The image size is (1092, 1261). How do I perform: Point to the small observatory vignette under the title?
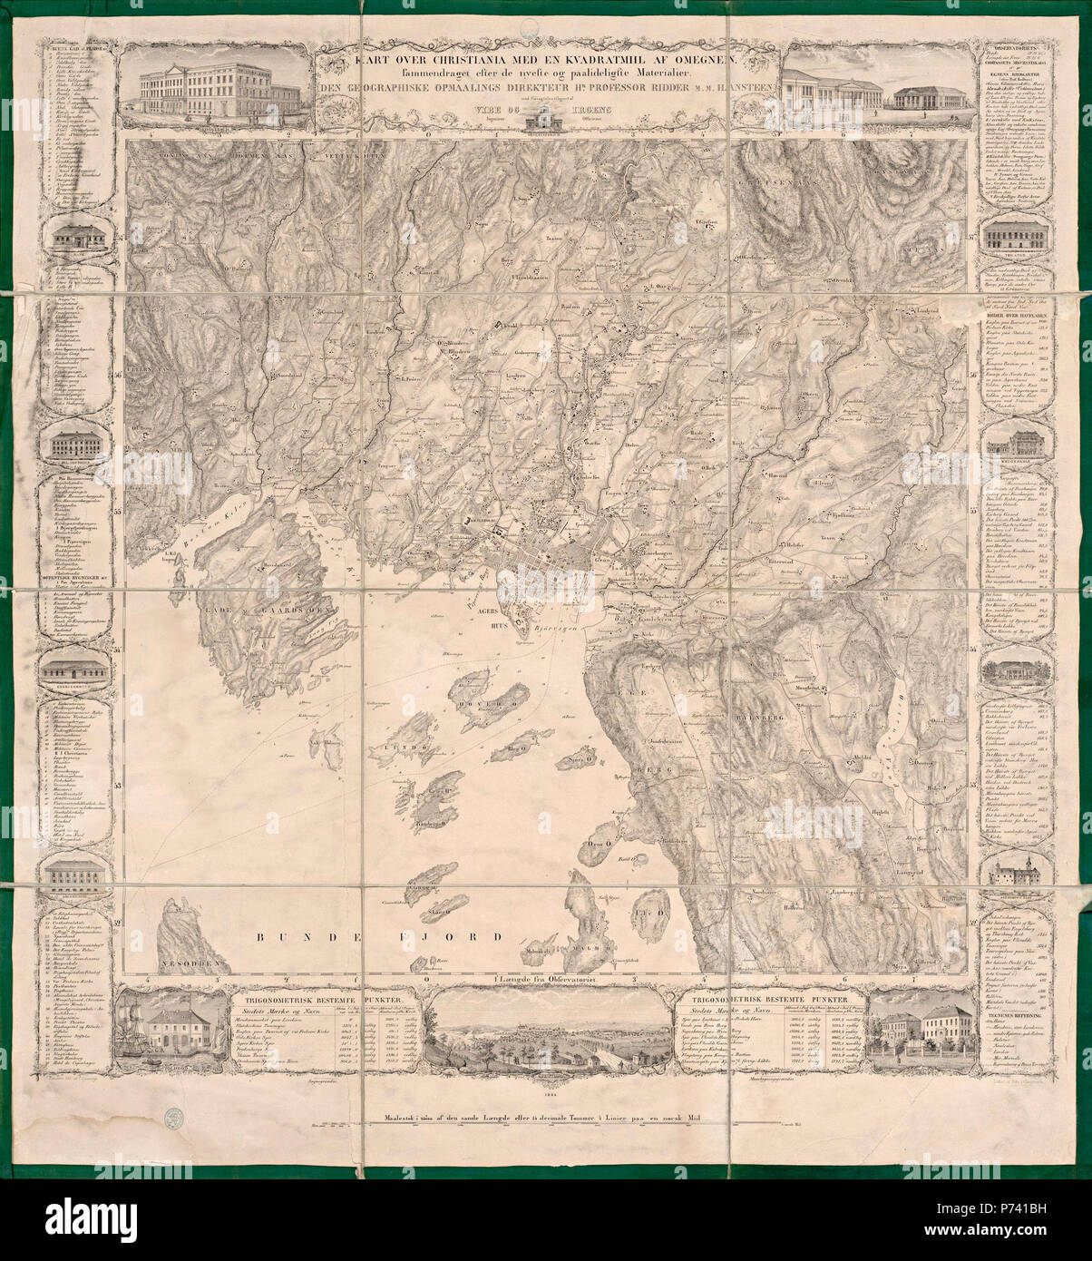click(x=545, y=116)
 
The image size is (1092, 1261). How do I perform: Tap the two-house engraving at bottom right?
click(x=916, y=1043)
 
